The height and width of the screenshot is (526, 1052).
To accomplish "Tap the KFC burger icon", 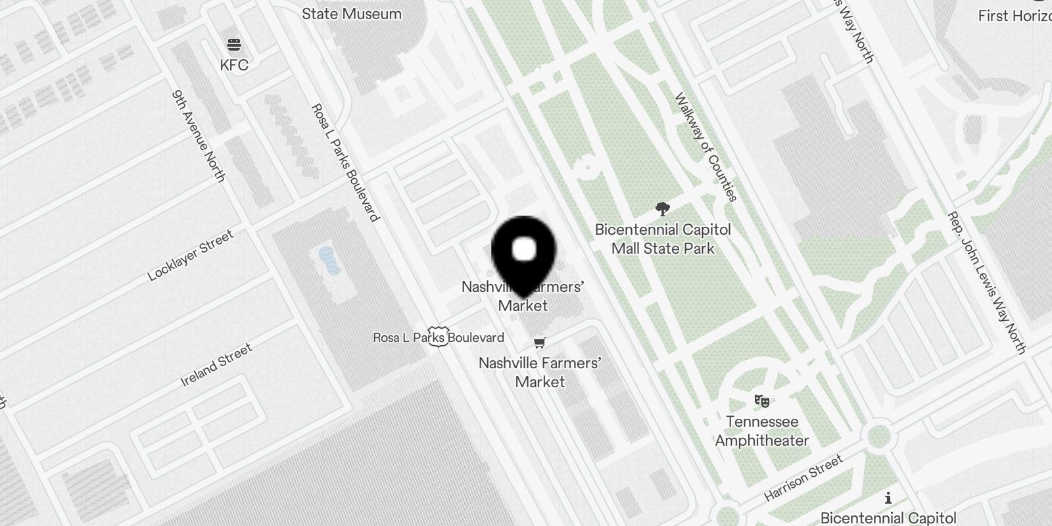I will [x=234, y=45].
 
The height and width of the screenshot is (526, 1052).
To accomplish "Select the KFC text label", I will [x=234, y=64].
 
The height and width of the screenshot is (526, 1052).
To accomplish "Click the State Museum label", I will [x=351, y=13].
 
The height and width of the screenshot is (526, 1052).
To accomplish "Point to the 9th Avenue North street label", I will [x=199, y=135].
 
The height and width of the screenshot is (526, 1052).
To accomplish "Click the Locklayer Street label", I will [x=191, y=255].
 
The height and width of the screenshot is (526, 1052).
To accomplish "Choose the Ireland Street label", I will [x=216, y=365].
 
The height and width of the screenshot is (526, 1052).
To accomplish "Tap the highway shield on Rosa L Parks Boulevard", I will [x=438, y=336].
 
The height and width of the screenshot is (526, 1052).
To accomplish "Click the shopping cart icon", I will [x=540, y=342].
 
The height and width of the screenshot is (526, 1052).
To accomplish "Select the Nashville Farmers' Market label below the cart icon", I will [x=540, y=372].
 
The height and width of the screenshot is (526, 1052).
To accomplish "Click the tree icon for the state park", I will [x=663, y=209].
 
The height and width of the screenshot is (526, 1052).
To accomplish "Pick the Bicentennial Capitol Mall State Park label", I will [x=663, y=239].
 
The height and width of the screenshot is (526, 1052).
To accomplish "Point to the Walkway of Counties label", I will [x=705, y=146].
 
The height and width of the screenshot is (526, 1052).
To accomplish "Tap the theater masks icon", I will [x=762, y=400].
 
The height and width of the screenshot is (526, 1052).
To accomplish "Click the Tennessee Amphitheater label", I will [x=762, y=431].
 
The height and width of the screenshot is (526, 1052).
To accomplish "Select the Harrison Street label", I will [x=803, y=478].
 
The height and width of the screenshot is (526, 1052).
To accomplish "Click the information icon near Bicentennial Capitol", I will [x=888, y=498].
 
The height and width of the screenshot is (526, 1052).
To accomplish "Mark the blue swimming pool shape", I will [x=329, y=260].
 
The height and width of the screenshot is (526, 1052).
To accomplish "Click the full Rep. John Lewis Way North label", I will [x=986, y=283].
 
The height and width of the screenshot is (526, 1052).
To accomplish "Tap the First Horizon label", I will [x=1015, y=16].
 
